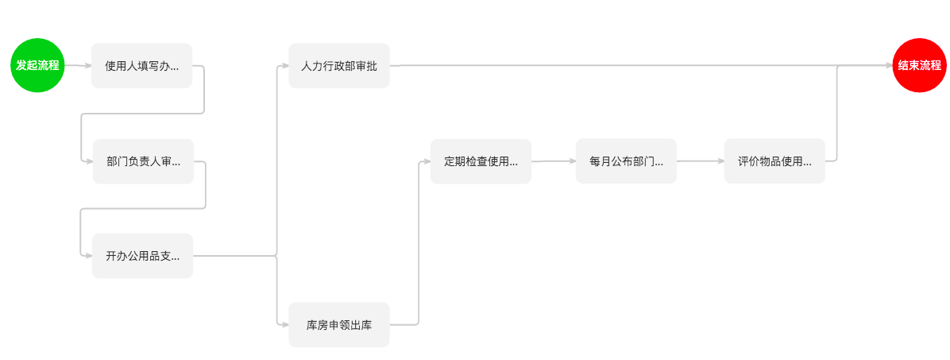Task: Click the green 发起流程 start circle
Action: [37, 65]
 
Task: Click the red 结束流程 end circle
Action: [919, 65]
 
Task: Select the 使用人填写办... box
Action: [141, 66]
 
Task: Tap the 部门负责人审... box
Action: [143, 161]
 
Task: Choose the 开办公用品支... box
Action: [142, 256]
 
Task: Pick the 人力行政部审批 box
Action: [338, 66]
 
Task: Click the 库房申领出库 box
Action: [338, 324]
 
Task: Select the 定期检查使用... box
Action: [481, 161]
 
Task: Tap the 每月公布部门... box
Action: [626, 161]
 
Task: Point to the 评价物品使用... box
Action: [774, 161]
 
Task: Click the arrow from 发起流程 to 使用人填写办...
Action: [78, 66]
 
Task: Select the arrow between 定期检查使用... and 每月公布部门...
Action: [553, 161]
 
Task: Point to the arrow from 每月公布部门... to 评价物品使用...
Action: [700, 161]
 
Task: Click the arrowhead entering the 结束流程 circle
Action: [889, 66]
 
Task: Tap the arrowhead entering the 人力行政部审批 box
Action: [284, 66]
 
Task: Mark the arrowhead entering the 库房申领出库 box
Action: [284, 324]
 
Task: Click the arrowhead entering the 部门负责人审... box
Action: [88, 161]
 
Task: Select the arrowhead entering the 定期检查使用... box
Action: [426, 161]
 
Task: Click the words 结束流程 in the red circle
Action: [919, 65]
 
